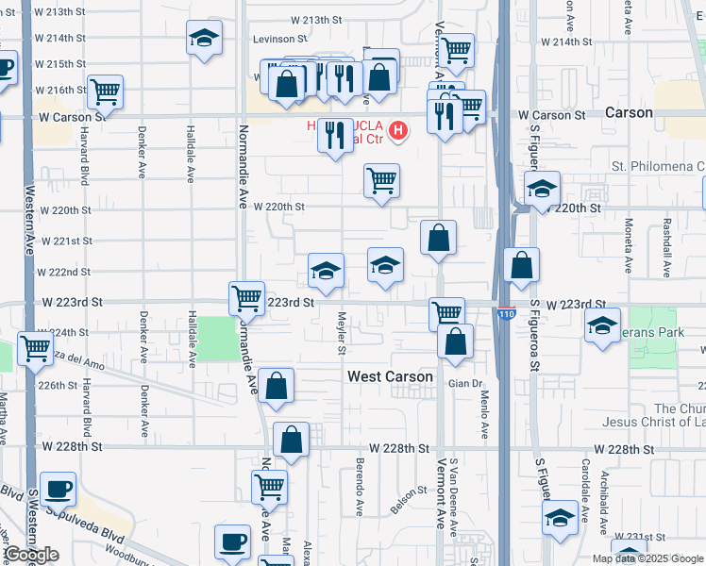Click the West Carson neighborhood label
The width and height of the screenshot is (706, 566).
pyautogui.click(x=390, y=376)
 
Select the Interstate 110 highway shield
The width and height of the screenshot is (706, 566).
pyautogui.click(x=508, y=314)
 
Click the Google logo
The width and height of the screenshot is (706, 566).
pyautogui.click(x=30, y=555)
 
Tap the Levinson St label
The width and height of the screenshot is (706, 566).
pyautogui.click(x=279, y=40)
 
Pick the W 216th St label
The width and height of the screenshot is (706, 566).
pyautogui.click(x=61, y=90)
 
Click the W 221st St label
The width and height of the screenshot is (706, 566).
pyautogui.click(x=65, y=241)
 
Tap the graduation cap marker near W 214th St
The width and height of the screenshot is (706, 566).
pyautogui.click(x=204, y=39)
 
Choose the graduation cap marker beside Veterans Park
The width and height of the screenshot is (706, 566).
pyautogui.click(x=602, y=325)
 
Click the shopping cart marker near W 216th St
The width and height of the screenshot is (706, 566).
pyautogui.click(x=105, y=92)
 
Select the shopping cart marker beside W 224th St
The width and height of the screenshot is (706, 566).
pyautogui.click(x=35, y=347)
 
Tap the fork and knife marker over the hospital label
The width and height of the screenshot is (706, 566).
pyautogui.click(x=335, y=137)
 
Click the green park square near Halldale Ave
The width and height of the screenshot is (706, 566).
pyautogui.click(x=218, y=339)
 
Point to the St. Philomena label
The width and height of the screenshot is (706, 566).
pyautogui.click(x=658, y=166)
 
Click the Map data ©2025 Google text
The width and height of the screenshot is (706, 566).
pyautogui.click(x=648, y=558)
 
